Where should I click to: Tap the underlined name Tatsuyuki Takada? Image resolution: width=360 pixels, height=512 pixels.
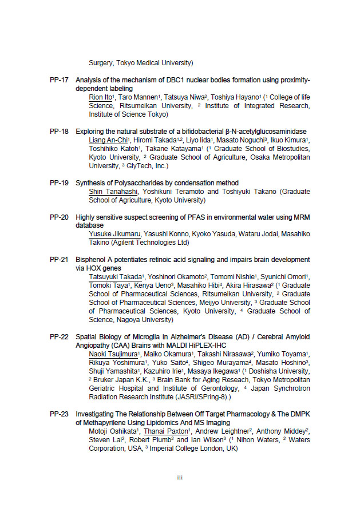click(115, 277)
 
